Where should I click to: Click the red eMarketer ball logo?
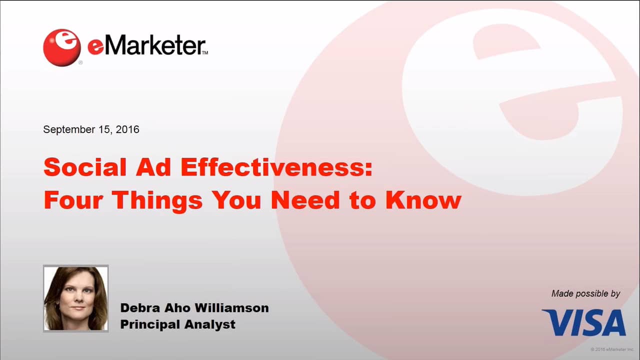tap(62, 47)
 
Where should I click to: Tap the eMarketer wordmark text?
tap(147, 46)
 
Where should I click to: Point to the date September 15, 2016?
tap(91, 129)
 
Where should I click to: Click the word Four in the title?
tap(73, 200)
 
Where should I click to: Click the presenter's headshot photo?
tap(76, 298)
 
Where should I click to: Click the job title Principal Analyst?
tap(177, 324)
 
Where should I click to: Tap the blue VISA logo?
tap(583, 322)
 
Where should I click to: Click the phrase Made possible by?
tap(585, 293)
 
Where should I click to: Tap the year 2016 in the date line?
tap(127, 129)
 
